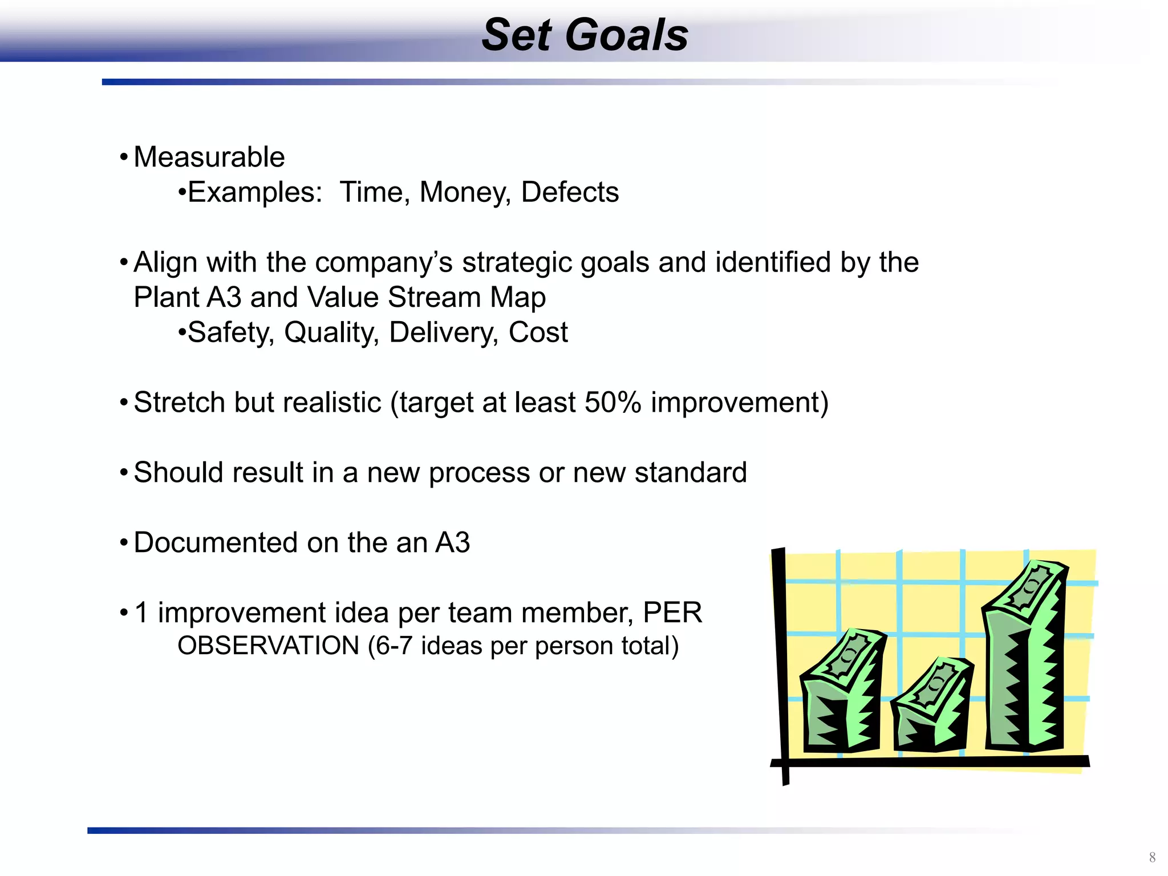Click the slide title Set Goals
[x=585, y=35]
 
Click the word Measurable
[x=209, y=157]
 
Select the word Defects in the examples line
[x=570, y=192]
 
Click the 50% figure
[x=613, y=403]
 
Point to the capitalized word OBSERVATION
[x=268, y=646]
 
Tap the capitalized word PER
[x=672, y=613]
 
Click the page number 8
[x=1152, y=857]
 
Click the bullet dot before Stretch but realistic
[x=124, y=403]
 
